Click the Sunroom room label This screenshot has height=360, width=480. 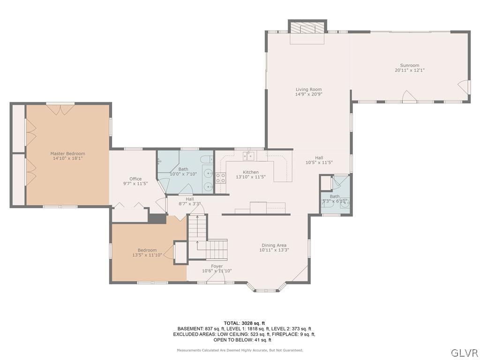coord(409,66)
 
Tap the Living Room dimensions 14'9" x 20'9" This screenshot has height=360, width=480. coord(308,94)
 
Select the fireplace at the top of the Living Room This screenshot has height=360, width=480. coord(307,28)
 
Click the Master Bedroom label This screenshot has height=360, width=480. coord(68,153)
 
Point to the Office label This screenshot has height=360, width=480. coord(135,179)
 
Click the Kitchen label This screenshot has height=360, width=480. coord(250,172)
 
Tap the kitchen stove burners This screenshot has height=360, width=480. coord(220,178)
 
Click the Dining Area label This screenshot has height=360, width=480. coord(274,245)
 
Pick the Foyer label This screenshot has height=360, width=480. coord(217,266)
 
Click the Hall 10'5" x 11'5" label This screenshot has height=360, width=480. coord(319,158)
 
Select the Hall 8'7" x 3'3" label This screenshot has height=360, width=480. coord(189,199)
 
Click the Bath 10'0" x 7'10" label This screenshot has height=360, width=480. coord(183,169)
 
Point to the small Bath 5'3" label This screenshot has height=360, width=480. coord(335,197)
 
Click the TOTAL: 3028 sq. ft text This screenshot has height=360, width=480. coord(244,323)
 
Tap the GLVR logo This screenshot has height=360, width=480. coord(464,352)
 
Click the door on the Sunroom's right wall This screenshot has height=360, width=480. coord(464,86)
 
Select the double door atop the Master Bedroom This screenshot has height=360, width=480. coord(60,109)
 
